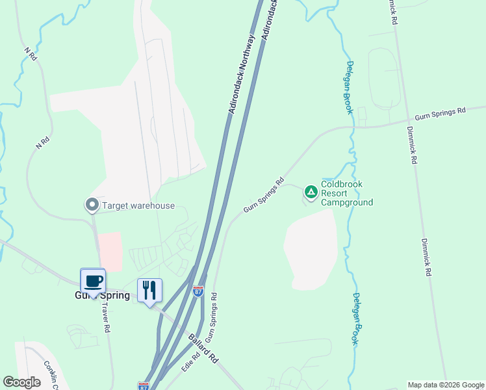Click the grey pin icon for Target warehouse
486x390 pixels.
pos(92,205)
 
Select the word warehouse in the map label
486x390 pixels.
pos(153,206)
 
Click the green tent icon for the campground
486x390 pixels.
pos(311,192)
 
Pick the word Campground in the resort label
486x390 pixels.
pos(347,202)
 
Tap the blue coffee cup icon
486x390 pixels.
pos(94,281)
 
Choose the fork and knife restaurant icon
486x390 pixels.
pos(149,291)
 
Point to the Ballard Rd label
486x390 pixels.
pos(203,349)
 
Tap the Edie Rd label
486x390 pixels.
pos(191,363)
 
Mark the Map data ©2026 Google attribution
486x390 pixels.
pos(445,385)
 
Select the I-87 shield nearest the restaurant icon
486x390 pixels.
pos(198,292)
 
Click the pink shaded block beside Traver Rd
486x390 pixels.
pos(110,252)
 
